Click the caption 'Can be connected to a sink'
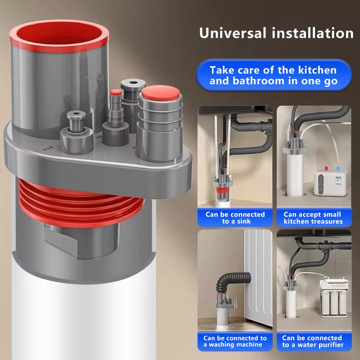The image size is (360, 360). click(x=235, y=217)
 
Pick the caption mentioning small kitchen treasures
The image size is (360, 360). click(x=313, y=217)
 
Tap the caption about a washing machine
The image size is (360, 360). click(x=235, y=341)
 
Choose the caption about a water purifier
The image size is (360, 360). click(x=313, y=341)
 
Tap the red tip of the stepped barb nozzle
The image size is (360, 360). click(x=116, y=93)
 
